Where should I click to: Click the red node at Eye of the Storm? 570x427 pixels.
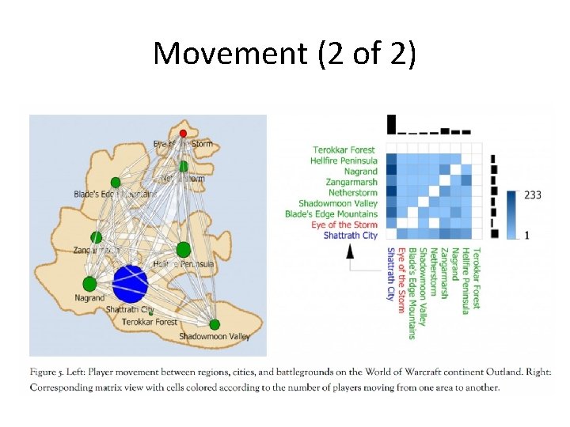click(183, 133)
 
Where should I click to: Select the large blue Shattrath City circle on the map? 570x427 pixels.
click(131, 284)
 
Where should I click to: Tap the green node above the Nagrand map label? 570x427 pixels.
click(89, 283)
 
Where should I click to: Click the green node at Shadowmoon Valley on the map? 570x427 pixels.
click(215, 324)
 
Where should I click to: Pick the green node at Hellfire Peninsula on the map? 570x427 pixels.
click(184, 250)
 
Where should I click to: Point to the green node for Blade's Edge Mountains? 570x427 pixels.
click(116, 182)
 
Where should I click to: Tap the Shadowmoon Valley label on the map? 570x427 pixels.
click(214, 337)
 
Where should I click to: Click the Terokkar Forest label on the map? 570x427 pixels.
click(150, 322)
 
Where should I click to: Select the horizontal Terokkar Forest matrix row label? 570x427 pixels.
click(344, 149)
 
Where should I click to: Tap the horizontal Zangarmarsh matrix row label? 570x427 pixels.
click(351, 182)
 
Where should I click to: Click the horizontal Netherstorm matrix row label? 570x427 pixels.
click(350, 192)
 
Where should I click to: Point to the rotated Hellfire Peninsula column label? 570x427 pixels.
click(465, 278)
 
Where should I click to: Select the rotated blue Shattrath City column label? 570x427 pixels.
click(390, 274)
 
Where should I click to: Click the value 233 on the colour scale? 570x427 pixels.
click(532, 195)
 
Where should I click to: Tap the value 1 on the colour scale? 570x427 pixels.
click(526, 236)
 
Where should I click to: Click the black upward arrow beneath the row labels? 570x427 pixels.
click(349, 251)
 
